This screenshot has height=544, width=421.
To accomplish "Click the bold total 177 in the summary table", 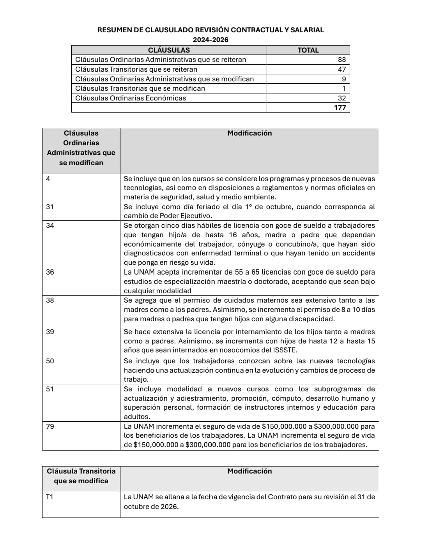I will coord(340,107).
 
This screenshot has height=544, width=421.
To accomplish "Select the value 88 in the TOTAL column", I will coord(341,60).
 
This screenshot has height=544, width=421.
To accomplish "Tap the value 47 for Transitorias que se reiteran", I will coord(341,69).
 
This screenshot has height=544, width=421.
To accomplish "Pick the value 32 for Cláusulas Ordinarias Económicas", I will coord(341,98).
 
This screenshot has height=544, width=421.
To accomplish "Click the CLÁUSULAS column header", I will coord(169,50).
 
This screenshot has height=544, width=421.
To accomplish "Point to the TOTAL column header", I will coord(308,50).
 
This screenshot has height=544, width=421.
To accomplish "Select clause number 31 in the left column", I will coord(50,207).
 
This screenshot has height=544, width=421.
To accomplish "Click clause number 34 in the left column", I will coord(50,225).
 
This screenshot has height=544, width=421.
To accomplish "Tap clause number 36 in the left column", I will coord(50,272).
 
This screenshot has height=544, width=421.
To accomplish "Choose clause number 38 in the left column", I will coord(50,300).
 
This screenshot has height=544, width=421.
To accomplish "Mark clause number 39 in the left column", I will coord(50,332).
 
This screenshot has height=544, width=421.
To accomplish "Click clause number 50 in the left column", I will coord(50,361).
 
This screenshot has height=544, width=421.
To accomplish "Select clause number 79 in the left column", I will coord(50,426).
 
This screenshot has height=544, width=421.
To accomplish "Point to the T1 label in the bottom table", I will coord(50,497).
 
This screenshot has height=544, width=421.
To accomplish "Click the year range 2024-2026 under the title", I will coord(210,40).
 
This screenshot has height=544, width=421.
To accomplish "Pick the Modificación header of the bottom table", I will coord(249,471).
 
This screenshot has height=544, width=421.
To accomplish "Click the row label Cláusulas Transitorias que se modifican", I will coord(140,88).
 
